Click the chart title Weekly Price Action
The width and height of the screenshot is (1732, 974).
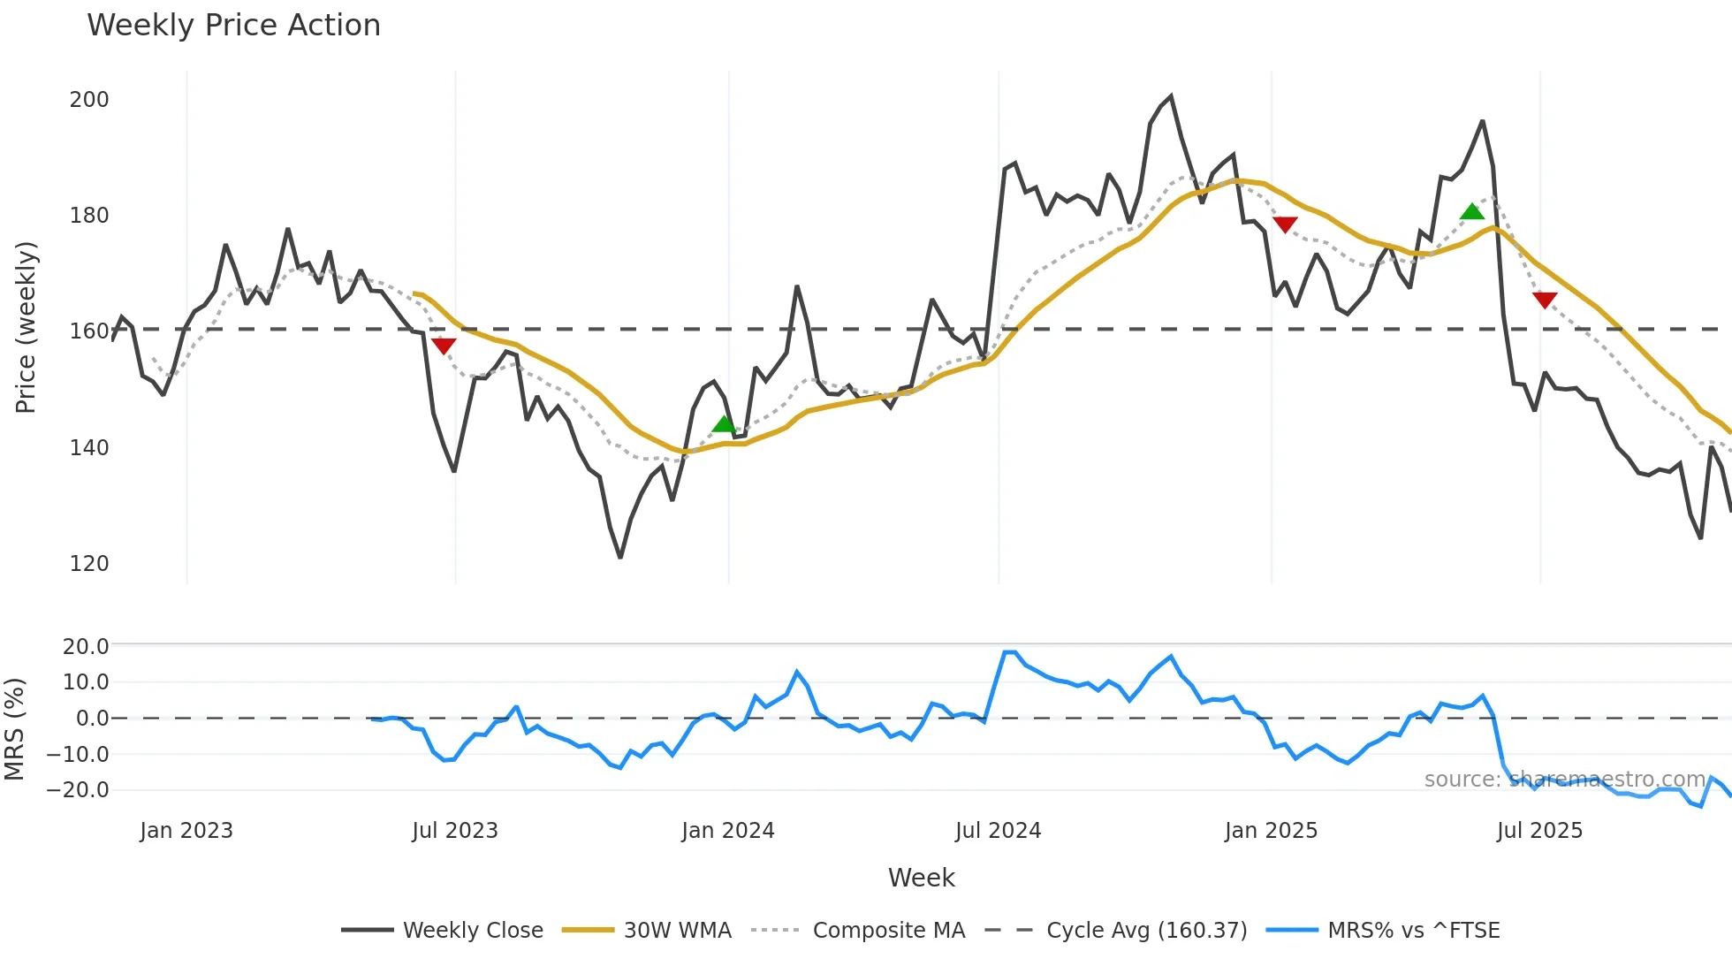tap(233, 26)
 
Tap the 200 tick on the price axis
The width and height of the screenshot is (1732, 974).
tap(89, 100)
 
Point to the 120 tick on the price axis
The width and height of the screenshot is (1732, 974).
tap(89, 564)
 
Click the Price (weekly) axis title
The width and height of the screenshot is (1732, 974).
tap(27, 327)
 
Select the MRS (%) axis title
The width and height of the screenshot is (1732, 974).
tap(14, 729)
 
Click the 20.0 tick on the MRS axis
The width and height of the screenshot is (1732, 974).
tap(86, 647)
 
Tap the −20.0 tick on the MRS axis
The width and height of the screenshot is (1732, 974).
tap(78, 790)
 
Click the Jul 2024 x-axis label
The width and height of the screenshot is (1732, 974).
tap(998, 831)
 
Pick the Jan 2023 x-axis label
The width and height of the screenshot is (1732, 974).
tap(186, 831)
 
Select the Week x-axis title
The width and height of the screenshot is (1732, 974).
tap(921, 878)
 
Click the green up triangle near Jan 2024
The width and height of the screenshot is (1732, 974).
tap(724, 425)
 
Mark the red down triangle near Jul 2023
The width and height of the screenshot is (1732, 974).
tap(444, 346)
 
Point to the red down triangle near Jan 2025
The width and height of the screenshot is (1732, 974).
tap(1285, 224)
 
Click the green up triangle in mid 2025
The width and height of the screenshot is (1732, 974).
tap(1471, 212)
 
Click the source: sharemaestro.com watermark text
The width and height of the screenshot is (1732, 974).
tap(1564, 780)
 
